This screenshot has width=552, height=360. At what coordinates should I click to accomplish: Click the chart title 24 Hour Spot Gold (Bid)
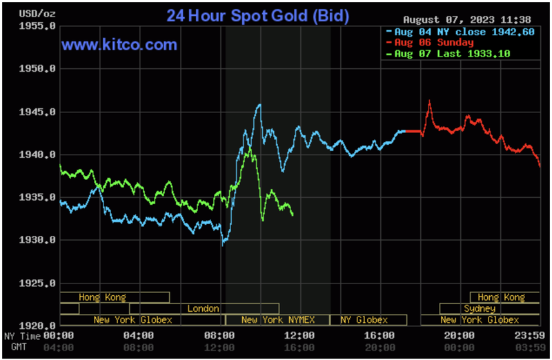tap(257, 15)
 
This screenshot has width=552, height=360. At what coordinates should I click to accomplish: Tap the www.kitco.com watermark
tap(119, 46)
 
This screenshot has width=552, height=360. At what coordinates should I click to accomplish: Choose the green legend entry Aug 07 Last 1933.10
tap(451, 54)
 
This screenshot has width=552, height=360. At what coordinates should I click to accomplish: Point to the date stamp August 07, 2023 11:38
tap(466, 19)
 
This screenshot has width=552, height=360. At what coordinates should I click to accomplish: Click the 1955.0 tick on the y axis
tap(38, 26)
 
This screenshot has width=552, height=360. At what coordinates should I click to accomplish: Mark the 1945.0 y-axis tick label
tap(38, 112)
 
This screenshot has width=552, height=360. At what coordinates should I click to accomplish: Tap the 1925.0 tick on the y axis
tap(38, 283)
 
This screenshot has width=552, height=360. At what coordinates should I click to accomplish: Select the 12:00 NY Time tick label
tap(300, 336)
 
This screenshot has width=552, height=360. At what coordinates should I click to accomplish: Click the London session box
tap(204, 309)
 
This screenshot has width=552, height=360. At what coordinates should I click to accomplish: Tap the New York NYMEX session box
tap(277, 320)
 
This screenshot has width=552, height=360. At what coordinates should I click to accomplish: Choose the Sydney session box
tap(479, 309)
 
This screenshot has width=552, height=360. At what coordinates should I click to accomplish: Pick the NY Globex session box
tap(364, 320)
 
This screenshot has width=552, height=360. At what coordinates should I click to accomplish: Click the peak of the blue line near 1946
tap(259, 105)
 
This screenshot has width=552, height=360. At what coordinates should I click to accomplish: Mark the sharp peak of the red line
tap(429, 101)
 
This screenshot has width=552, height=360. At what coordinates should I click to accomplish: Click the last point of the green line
tap(293, 215)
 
